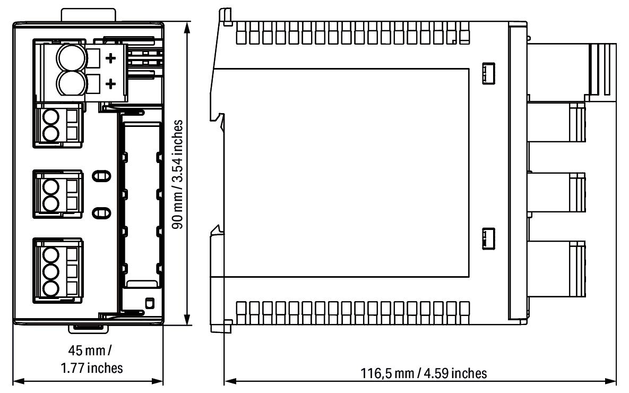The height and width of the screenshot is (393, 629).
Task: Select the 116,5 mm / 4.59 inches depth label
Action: tap(423, 373)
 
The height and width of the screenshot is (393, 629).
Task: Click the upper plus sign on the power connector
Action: tap(111, 58)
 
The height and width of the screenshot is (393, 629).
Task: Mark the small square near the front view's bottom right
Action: tap(149, 303)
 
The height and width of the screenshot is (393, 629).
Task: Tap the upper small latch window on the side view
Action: tap(487, 74)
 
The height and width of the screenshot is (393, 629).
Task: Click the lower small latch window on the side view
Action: tap(487, 237)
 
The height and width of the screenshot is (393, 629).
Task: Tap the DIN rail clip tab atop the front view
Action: tap(88, 14)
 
